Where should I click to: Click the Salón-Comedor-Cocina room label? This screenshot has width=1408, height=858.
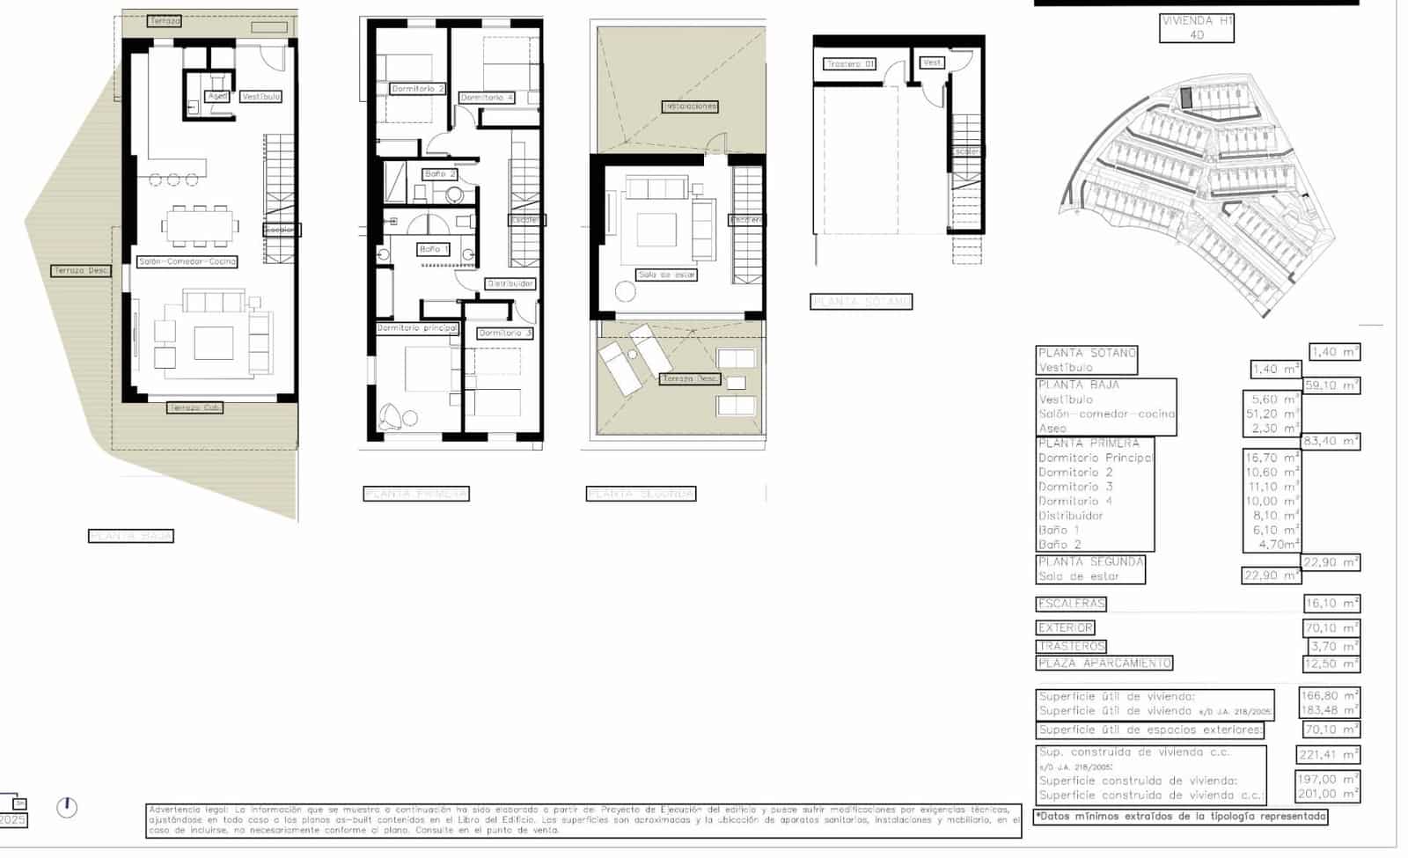187,261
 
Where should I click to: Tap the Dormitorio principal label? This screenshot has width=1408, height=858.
417,328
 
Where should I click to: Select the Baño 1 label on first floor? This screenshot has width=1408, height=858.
433,249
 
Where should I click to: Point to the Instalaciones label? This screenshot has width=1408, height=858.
690,106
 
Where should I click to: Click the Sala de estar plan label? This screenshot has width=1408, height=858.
667,275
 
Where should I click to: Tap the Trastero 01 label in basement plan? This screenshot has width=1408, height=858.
850,64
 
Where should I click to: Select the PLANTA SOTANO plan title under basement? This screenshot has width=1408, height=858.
861,302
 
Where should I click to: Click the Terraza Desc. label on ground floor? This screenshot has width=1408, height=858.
81,270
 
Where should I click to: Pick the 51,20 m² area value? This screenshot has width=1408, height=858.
1271,414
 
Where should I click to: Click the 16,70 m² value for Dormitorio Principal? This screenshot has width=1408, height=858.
1271,458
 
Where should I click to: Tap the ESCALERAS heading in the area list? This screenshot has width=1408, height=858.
1071,604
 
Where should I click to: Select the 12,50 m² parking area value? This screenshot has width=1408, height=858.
1331,664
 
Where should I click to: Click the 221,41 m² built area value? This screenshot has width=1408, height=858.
1329,754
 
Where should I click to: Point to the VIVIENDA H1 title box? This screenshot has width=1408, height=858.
1197,27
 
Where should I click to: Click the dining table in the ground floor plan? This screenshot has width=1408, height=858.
200,225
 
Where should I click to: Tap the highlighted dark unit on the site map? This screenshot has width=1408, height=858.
1185,98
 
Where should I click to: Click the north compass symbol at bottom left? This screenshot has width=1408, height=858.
67,807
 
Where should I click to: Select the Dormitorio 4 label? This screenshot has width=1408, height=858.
486,98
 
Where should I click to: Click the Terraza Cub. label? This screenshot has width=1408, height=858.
195,407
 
